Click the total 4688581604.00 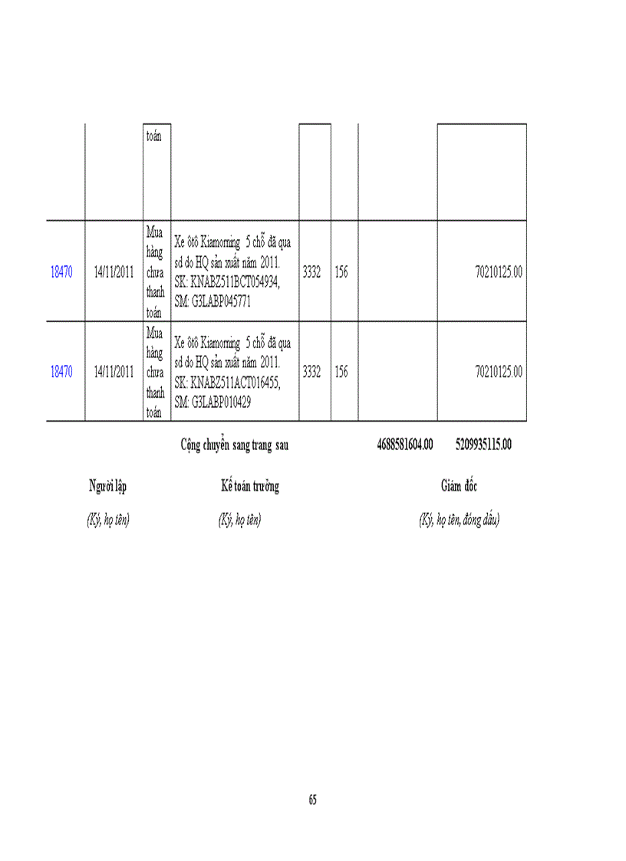(405, 445)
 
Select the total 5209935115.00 (483, 445)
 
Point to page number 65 (313, 800)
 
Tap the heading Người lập (107, 486)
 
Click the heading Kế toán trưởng (249, 486)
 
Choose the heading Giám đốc (459, 486)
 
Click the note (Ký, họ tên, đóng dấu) (459, 520)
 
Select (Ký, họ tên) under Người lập (107, 520)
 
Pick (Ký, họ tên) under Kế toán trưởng (239, 520)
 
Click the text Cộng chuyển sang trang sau (234, 445)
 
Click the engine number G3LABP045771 (222, 302)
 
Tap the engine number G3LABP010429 (222, 402)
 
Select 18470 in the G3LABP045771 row (61, 272)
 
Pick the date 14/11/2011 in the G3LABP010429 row (114, 372)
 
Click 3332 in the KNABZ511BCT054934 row (311, 272)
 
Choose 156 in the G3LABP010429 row (341, 372)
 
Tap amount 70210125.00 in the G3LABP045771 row (499, 272)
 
